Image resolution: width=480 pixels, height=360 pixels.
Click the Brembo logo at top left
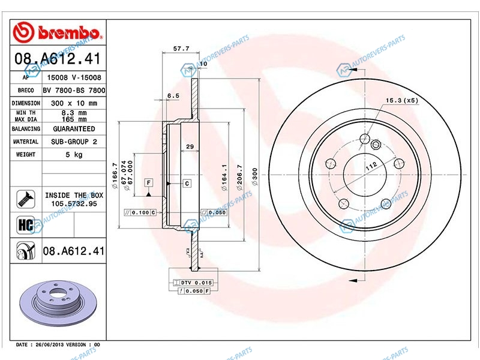[58, 32]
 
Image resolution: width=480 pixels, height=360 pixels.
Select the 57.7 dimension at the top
[181, 49]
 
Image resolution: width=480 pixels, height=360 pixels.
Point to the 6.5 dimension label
[173, 96]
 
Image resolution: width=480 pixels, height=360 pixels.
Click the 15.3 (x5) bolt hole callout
[401, 100]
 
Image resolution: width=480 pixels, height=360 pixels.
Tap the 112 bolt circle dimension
[371, 167]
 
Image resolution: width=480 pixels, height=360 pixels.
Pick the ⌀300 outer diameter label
[254, 176]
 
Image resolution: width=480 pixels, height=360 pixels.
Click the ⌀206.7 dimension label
[239, 178]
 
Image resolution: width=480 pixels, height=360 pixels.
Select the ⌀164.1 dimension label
[224, 178]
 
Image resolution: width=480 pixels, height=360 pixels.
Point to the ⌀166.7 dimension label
[115, 176]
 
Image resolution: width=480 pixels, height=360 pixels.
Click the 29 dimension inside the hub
[190, 146]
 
